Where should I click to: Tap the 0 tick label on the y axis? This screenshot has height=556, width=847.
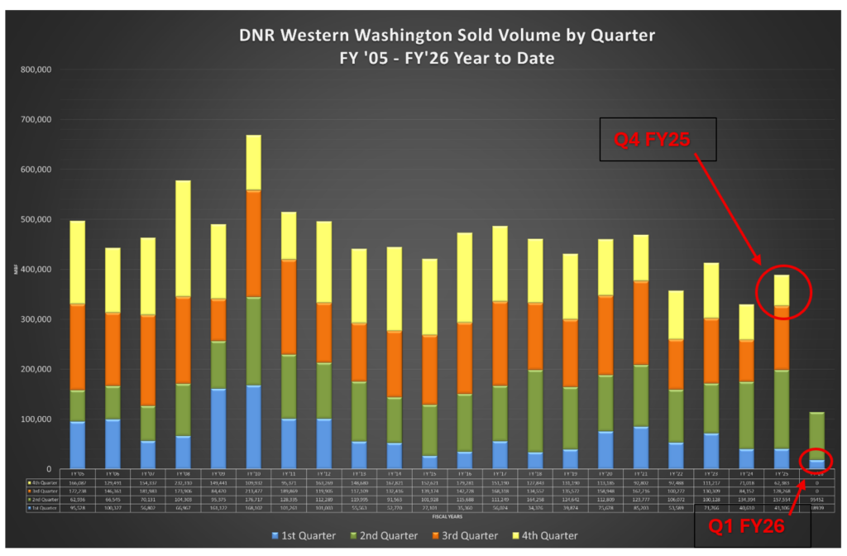tap(50, 469)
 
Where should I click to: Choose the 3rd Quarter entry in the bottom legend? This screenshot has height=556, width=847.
tap(467, 535)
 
